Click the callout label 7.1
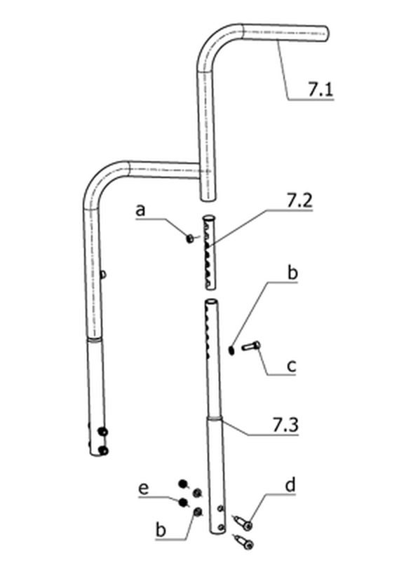[321, 89]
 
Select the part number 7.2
[299, 200]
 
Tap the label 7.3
[285, 425]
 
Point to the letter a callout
[140, 210]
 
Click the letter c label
[291, 366]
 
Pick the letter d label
[290, 485]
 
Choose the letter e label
[144, 489]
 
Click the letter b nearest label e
[161, 529]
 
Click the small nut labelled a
[190, 238]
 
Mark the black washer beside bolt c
[231, 350]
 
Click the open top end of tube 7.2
[209, 217]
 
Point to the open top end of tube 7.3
[211, 301]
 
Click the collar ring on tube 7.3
[215, 418]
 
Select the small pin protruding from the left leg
[104, 275]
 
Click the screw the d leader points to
[243, 522]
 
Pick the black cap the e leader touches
[183, 503]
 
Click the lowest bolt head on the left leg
[103, 451]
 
